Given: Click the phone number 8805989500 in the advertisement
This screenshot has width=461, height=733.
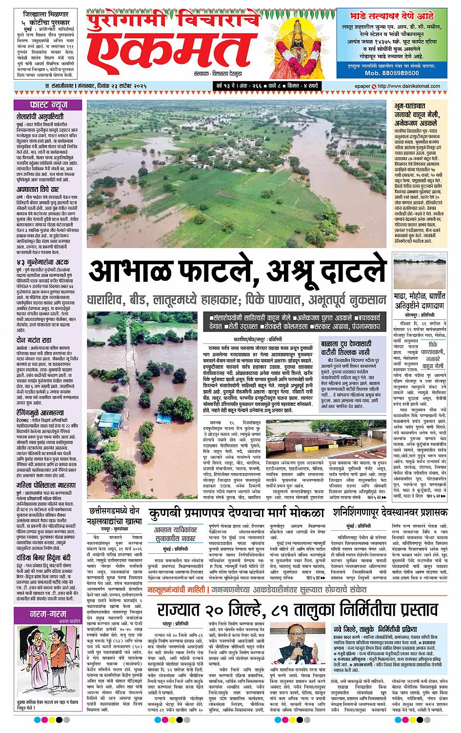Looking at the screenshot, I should (x=398, y=73).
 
